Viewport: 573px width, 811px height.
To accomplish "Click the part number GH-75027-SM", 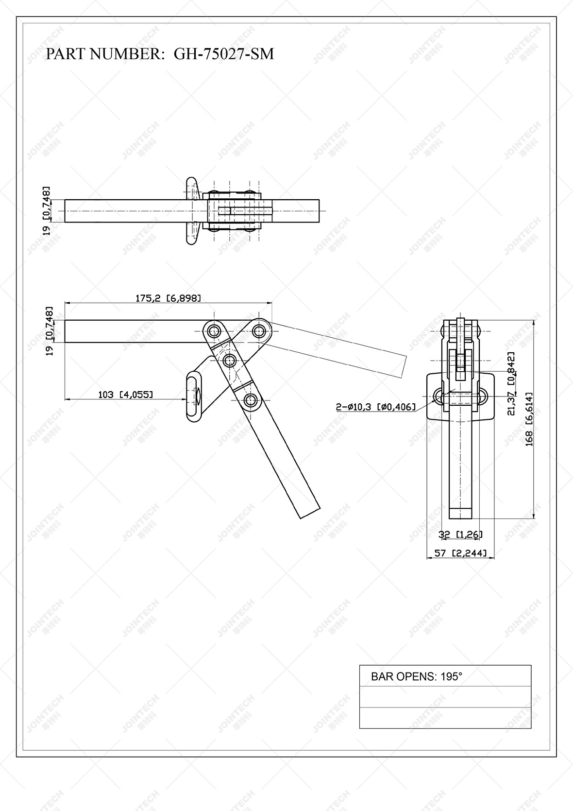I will pos(224,54).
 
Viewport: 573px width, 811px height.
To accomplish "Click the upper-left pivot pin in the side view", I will pos(213,331).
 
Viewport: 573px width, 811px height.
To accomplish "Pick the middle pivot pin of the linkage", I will pos(230,361).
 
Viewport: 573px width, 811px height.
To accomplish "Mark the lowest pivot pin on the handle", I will pos(251,401).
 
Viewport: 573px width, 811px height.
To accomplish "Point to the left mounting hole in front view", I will pos(439,397).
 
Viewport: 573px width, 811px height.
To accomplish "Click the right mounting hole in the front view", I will pos(483,397).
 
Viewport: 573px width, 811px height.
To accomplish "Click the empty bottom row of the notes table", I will pos(445,717).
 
